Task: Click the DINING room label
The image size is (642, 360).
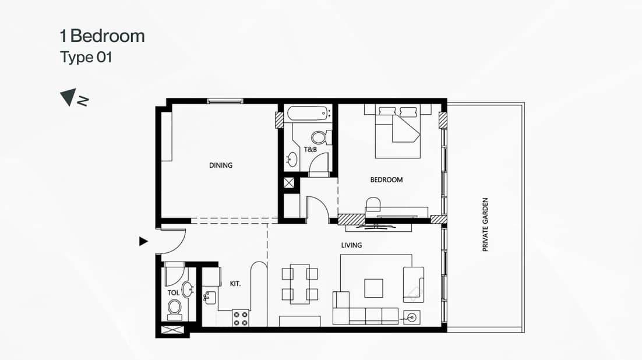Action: [220, 165]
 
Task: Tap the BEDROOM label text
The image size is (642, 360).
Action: [386, 180]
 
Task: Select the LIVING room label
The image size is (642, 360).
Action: [351, 245]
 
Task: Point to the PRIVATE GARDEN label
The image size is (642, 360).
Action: [485, 225]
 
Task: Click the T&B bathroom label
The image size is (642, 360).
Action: [310, 150]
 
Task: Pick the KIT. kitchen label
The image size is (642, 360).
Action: [235, 284]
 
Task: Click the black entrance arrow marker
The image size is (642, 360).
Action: [143, 241]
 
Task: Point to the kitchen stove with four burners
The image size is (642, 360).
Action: [241, 317]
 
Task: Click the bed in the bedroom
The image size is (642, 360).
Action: [397, 131]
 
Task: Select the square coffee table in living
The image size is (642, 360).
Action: [373, 288]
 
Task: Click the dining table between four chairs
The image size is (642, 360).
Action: [299, 283]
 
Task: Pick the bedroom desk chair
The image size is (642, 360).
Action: [373, 204]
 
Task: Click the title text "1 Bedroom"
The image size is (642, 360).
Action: [102, 36]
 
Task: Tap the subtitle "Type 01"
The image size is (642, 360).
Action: [86, 58]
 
